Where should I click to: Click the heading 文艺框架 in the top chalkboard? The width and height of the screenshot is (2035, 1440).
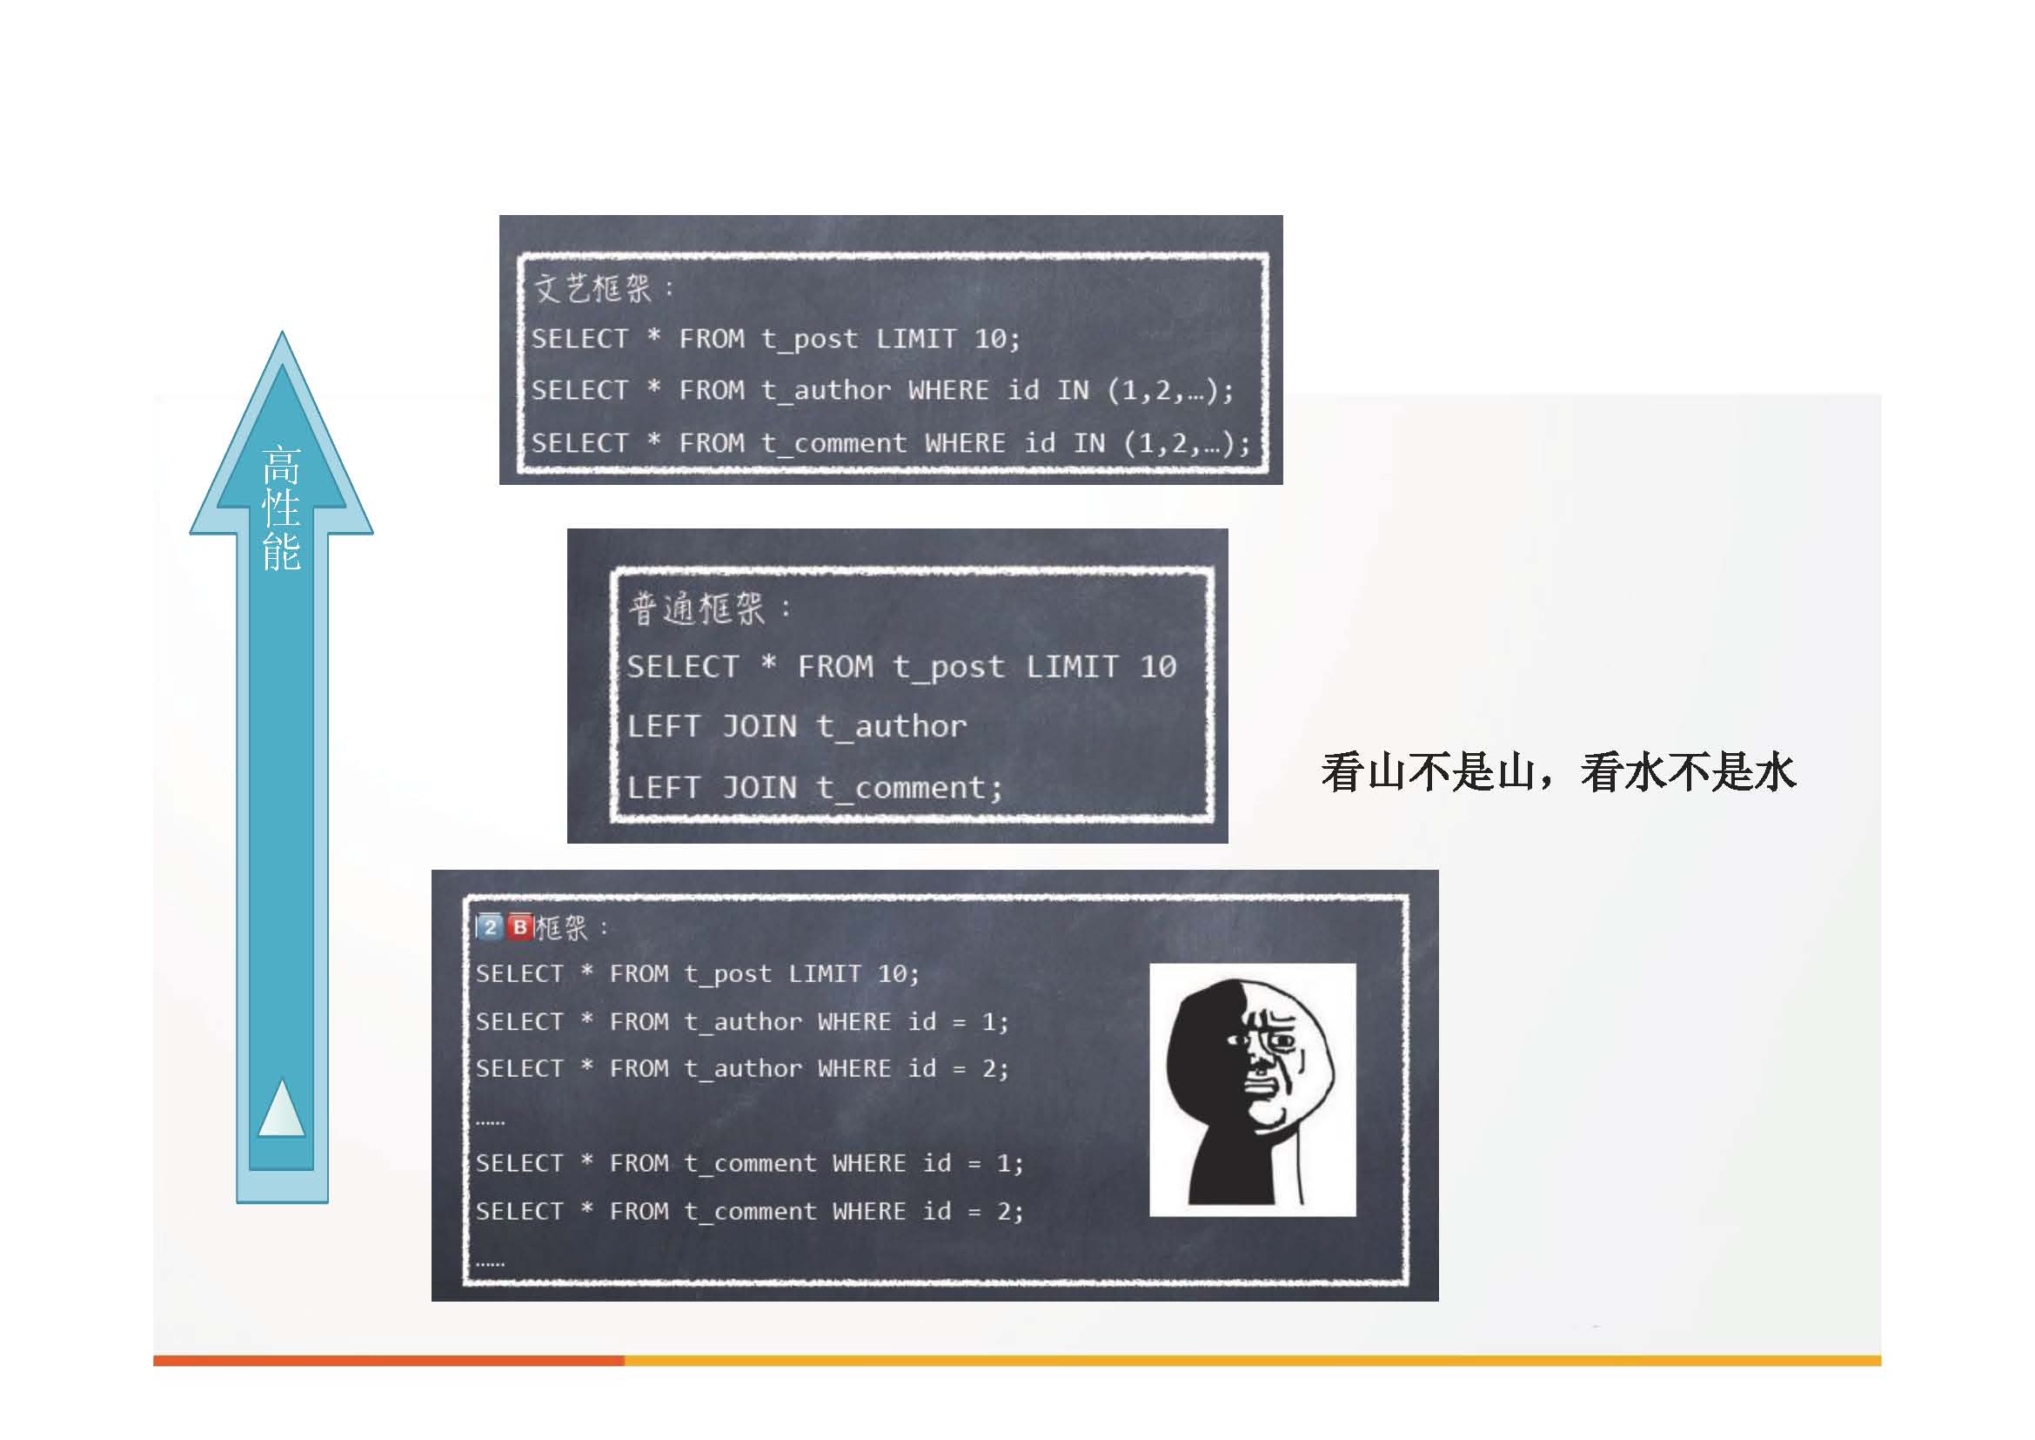(592, 288)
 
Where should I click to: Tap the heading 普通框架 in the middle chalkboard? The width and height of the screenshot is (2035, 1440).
(697, 609)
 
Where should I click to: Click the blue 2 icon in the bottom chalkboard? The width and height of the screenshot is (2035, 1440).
(490, 927)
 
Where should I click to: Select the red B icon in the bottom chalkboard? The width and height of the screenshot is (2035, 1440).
(520, 927)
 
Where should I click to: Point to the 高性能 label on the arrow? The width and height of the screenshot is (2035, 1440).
(282, 508)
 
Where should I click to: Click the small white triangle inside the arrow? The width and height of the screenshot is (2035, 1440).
(282, 1109)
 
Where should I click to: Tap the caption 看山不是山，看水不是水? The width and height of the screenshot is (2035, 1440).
(1558, 771)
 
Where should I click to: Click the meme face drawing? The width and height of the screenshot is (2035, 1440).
(1252, 1090)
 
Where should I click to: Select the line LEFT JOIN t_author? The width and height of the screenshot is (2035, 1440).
(797, 727)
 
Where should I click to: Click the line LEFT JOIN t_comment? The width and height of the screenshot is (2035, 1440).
(814, 787)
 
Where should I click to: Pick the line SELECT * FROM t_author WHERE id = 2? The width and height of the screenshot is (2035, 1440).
(742, 1069)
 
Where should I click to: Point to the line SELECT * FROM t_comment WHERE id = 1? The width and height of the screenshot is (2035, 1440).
(750, 1163)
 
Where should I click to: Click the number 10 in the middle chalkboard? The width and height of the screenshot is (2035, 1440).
(1157, 667)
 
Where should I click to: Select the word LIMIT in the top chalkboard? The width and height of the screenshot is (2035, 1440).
(916, 339)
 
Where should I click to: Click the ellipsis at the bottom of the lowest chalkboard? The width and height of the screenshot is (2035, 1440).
(490, 1262)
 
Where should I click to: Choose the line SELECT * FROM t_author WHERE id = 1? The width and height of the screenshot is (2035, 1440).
(742, 1022)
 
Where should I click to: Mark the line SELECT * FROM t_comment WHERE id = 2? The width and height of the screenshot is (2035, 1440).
(750, 1211)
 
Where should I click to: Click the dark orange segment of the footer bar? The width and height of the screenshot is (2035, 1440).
(388, 1360)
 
